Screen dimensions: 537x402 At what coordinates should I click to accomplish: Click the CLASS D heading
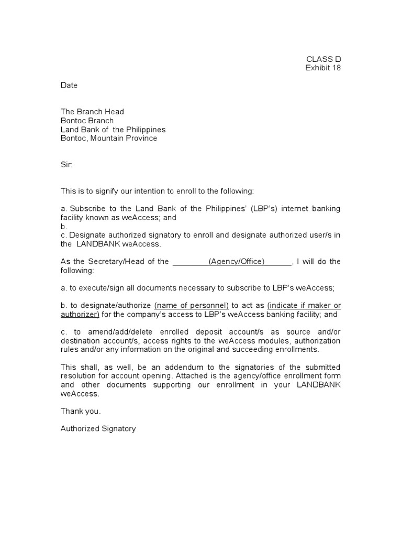point(323,59)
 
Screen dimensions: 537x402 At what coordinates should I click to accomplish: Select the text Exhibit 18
point(323,68)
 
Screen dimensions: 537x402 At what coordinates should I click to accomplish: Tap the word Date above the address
point(69,85)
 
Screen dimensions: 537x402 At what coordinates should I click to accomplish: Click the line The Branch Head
point(92,112)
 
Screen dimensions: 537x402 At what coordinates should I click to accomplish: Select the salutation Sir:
point(66,165)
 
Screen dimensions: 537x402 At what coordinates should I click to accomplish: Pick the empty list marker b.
point(64,227)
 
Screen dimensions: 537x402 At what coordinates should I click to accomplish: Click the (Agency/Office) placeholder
point(237,262)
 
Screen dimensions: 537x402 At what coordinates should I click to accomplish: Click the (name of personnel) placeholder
point(191,306)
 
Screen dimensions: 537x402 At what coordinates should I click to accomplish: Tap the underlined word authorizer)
point(80,315)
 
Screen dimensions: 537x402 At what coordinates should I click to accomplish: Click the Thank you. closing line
point(81,411)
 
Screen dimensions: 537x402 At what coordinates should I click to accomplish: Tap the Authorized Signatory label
point(98,428)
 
